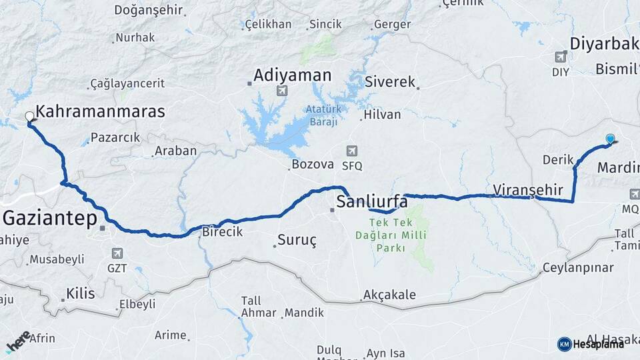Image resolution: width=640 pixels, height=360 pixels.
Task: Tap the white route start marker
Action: coord(29,117)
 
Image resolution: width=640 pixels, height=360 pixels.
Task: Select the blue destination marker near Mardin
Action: coord(610,139)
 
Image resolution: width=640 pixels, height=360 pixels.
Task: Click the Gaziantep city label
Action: coord(51,217)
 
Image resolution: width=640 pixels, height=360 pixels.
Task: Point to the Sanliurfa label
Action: coord(372,201)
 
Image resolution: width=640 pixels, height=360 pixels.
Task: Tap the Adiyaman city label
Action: coord(293,74)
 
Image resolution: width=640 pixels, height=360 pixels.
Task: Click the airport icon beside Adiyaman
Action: coord(282,91)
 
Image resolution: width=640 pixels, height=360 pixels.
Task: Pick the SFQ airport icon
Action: coord(351,151)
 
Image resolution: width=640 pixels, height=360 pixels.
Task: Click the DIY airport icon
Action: coord(560,56)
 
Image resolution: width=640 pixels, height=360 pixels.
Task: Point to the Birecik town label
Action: coord(222,232)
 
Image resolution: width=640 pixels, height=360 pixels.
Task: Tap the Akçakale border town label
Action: coord(389,295)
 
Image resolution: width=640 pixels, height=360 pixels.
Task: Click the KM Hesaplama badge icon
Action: coord(565,344)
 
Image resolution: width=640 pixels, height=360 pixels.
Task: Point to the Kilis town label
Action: coord(81,293)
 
